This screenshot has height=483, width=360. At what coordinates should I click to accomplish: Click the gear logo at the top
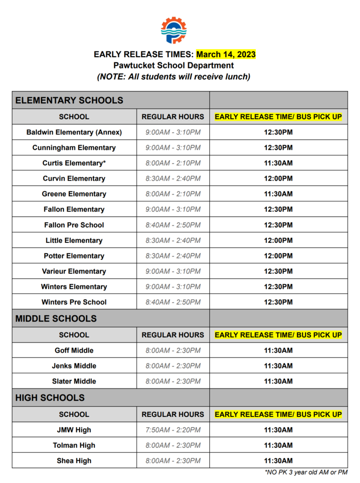(x=173, y=30)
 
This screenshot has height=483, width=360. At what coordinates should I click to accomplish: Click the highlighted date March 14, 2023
(x=226, y=55)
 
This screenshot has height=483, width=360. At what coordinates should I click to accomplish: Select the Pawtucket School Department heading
(x=173, y=66)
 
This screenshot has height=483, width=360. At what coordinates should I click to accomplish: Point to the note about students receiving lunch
(x=173, y=76)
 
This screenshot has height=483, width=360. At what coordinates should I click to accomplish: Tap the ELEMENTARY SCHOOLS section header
(x=69, y=100)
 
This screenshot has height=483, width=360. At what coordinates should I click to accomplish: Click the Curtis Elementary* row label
(x=74, y=163)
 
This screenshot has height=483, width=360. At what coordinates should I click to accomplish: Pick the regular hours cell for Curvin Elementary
(x=173, y=179)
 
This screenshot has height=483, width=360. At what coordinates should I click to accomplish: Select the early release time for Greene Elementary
(x=278, y=194)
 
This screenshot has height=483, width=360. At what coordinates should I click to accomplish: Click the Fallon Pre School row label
(x=74, y=225)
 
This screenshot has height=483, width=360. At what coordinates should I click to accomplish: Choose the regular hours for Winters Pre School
(x=173, y=302)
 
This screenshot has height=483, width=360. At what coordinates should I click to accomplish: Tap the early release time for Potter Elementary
(x=278, y=256)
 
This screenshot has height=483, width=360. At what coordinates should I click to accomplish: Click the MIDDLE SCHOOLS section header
(x=56, y=318)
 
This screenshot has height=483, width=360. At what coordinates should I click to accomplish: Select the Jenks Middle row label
(x=74, y=366)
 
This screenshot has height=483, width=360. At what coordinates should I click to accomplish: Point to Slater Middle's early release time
(x=278, y=382)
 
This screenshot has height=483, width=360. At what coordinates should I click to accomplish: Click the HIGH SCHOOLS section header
(x=50, y=398)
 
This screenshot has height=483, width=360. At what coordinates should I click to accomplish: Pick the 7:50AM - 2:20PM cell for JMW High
(x=173, y=430)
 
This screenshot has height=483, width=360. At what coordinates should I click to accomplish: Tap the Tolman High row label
(x=74, y=446)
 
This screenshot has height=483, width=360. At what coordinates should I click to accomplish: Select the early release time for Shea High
(x=278, y=461)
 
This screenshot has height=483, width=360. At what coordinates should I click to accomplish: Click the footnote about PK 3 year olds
(x=306, y=472)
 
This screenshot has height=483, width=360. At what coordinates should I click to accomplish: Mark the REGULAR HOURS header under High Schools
(x=173, y=415)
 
